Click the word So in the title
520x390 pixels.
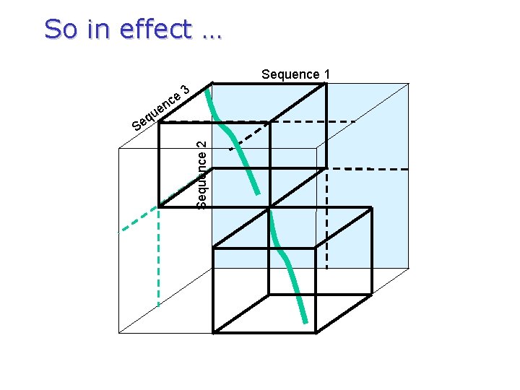(x=60, y=30)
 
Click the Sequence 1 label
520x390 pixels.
(x=295, y=74)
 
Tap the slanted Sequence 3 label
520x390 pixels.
(x=160, y=109)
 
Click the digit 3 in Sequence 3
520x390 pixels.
(x=185, y=90)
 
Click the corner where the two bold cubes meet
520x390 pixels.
(x=269, y=207)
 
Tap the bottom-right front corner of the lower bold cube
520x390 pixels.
(x=316, y=333)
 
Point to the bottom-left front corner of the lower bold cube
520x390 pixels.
(x=214, y=333)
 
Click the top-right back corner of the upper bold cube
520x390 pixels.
(x=326, y=84)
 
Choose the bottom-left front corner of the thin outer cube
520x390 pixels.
(x=119, y=333)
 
